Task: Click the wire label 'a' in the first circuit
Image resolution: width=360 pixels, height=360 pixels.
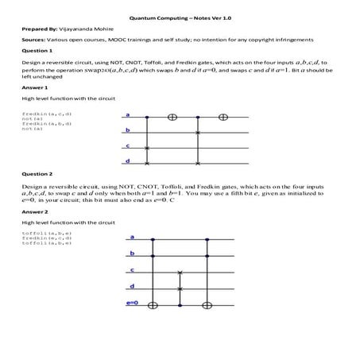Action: pyautogui.click(x=127, y=116)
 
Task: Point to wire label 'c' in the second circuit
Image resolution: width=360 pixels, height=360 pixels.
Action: pyautogui.click(x=131, y=270)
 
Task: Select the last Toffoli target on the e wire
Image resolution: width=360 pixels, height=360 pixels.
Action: pyautogui.click(x=207, y=304)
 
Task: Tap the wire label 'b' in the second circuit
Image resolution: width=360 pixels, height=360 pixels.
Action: pyautogui.click(x=131, y=254)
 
